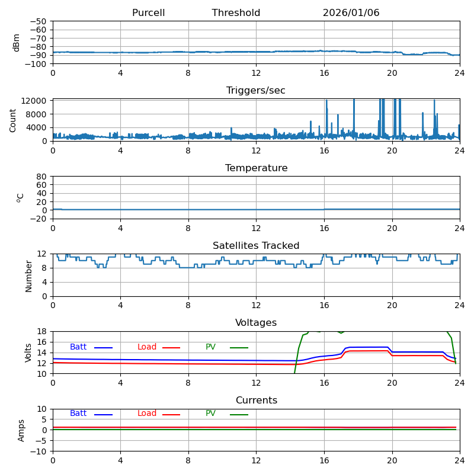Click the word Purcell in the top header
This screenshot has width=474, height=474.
148,13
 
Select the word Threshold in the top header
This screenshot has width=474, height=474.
236,13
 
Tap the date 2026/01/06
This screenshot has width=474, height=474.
351,13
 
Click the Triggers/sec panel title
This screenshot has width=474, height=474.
256,91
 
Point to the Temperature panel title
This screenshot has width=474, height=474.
256,168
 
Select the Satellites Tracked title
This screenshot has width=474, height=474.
256,246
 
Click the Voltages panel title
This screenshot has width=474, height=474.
256,323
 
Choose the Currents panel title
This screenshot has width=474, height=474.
256,401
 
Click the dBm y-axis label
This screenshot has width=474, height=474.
17,43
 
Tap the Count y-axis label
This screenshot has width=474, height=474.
13,120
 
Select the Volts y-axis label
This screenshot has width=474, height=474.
28,353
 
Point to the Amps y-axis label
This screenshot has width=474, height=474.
21,430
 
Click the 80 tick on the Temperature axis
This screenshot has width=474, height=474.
42,177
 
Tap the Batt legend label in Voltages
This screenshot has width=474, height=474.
78,347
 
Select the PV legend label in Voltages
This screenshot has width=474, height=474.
211,347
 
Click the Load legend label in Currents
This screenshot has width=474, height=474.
147,414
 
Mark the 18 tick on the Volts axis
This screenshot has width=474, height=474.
42,332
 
